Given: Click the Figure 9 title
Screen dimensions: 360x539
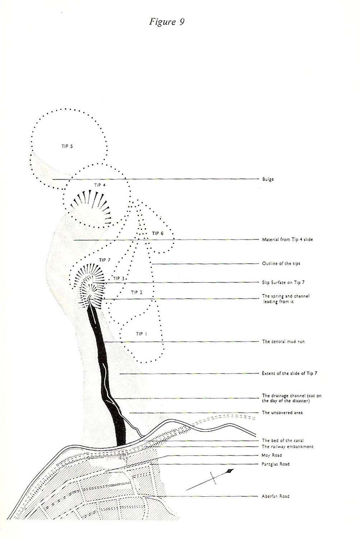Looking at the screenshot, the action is (167, 22).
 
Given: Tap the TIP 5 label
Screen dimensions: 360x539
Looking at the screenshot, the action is (67, 146).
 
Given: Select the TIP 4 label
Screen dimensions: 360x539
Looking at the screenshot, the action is (100, 185).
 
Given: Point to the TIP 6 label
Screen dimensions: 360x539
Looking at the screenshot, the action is (158, 233).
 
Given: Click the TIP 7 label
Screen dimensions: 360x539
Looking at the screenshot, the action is (105, 260).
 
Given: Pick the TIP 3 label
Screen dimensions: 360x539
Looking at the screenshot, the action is (119, 278).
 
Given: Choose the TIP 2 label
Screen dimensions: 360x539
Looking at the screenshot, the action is (136, 292).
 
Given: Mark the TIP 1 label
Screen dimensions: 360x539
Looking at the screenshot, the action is (141, 334).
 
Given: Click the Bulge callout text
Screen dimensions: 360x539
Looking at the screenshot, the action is (268, 179).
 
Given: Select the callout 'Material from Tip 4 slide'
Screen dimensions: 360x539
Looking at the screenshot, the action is (287, 240).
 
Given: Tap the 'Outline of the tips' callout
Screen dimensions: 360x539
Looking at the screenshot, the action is (281, 264).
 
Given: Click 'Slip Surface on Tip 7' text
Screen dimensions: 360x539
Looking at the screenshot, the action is (283, 282).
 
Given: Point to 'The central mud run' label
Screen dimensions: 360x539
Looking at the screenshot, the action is (283, 341).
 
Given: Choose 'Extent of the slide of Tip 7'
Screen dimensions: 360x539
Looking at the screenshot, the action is (289, 373).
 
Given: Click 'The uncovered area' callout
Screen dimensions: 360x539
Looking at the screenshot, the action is (282, 412).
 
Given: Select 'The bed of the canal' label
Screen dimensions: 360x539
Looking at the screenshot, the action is (283, 440).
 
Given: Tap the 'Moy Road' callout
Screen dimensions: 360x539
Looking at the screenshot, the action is (272, 455).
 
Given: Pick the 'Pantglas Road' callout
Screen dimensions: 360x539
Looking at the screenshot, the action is (276, 464).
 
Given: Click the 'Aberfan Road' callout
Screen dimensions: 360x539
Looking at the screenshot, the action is (276, 496).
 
